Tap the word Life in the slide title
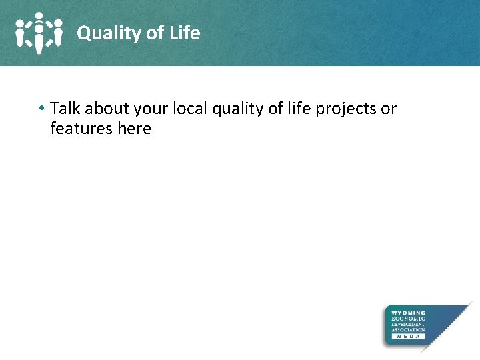coord(185,33)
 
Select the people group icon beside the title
coord(39,33)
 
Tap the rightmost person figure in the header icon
coord(57,32)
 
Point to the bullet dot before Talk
coord(41,109)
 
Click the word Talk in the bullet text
coord(65,109)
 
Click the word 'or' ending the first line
coord(389,109)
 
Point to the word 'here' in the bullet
coord(134,129)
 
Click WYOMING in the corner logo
coord(408,313)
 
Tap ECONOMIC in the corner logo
coord(408,319)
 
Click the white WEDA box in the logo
coord(408,337)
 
